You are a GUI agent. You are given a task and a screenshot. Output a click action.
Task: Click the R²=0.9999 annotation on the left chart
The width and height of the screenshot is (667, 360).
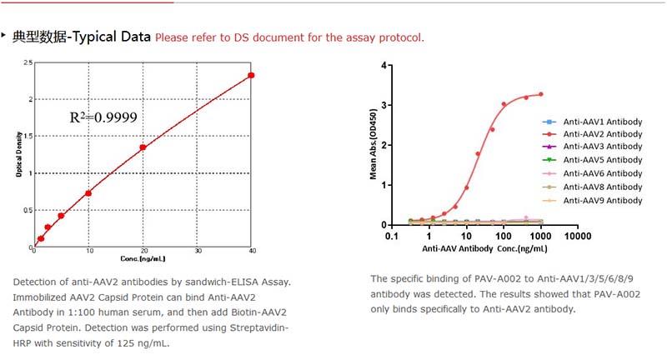(x=104, y=117)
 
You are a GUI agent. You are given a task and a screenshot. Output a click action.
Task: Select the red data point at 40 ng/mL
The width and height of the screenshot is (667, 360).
(x=251, y=75)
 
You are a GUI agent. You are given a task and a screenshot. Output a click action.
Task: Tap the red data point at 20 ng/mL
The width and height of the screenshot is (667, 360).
(x=143, y=147)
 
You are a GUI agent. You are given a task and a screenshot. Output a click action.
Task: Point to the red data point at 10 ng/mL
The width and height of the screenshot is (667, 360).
(x=88, y=193)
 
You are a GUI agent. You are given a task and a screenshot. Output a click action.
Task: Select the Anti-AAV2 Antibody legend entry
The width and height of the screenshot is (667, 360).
(x=602, y=133)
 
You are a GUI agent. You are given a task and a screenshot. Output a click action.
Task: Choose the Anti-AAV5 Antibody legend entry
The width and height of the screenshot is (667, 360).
(x=602, y=160)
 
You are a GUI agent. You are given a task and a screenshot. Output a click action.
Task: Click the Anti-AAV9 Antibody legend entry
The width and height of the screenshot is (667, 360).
(x=602, y=200)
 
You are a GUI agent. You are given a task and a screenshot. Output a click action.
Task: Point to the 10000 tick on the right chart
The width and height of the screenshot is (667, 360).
(x=577, y=236)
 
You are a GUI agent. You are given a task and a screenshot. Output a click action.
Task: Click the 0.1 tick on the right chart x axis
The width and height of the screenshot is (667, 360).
(x=391, y=236)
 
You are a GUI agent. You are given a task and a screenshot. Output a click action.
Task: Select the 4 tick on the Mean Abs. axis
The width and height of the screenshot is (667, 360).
(x=384, y=65)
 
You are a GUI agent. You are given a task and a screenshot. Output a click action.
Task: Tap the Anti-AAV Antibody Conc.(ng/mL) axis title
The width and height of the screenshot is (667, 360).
(x=484, y=248)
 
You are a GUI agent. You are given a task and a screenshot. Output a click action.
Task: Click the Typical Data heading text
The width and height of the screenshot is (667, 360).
(x=82, y=37)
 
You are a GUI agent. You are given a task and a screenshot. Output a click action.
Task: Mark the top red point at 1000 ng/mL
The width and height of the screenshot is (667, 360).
(x=540, y=94)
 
